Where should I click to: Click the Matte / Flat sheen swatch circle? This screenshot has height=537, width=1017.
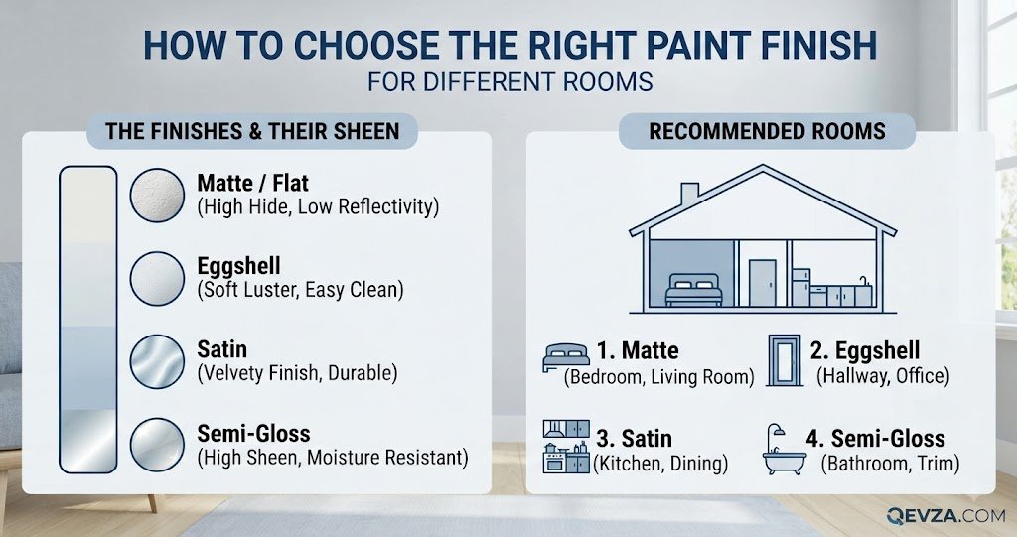[x=157, y=196]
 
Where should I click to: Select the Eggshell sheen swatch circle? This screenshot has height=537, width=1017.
[x=157, y=279]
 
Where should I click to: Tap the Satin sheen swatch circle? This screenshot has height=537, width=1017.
[x=157, y=362]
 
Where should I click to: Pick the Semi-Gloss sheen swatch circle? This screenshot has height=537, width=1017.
[x=157, y=445]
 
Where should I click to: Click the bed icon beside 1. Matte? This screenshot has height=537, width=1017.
[x=566, y=357]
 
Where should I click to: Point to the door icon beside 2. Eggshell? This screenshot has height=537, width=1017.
[x=785, y=360]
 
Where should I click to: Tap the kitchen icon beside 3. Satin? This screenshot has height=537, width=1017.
[x=566, y=447]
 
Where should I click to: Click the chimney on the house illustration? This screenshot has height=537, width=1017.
[x=689, y=195]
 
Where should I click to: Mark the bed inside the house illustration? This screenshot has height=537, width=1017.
[x=693, y=290]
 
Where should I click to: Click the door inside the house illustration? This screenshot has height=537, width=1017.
[x=762, y=283]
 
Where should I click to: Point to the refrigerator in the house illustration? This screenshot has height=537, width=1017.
[x=800, y=287]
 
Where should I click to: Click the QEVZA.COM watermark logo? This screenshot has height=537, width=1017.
[x=945, y=515]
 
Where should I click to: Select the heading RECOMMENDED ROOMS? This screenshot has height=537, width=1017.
[x=768, y=132]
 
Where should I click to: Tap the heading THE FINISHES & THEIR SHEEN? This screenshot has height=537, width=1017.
[x=252, y=132]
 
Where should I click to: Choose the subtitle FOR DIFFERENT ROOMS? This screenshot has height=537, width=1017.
[x=509, y=82]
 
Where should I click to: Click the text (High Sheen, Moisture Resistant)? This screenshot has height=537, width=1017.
[x=333, y=458]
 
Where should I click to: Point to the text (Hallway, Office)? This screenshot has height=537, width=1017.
[x=883, y=376]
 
